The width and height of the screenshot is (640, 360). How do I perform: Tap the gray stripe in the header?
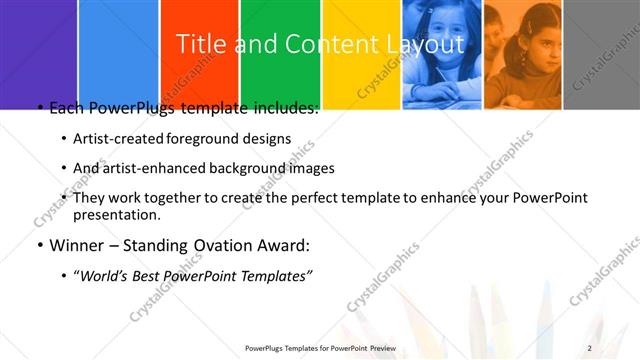pos(605,50)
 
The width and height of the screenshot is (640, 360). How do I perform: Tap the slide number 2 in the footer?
pos(590,347)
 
